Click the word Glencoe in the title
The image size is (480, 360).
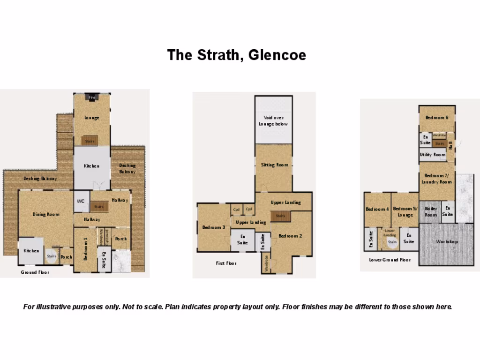(x=277, y=55)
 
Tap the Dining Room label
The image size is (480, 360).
(x=46, y=214)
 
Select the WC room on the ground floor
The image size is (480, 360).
(x=81, y=201)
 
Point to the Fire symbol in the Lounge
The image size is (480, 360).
(x=92, y=97)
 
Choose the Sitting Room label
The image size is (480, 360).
(x=274, y=165)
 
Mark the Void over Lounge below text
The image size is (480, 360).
(x=273, y=121)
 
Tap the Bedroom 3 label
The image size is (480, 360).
(x=213, y=227)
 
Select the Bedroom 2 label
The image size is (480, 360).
(x=290, y=236)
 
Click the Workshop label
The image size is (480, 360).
(x=447, y=242)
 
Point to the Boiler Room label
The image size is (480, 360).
(x=430, y=211)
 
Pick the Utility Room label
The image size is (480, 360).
(x=432, y=155)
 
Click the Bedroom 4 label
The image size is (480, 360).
(x=377, y=209)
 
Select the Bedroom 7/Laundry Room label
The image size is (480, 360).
(x=436, y=179)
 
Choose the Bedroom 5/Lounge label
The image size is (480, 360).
(x=405, y=212)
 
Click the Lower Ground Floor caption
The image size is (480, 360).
(x=390, y=260)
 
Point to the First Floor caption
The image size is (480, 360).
(x=226, y=263)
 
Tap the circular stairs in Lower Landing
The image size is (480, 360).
(x=391, y=242)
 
